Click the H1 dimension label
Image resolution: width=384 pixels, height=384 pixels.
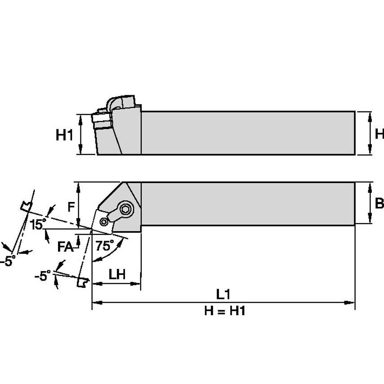[x=64, y=135]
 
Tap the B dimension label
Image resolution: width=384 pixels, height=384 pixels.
[x=379, y=203]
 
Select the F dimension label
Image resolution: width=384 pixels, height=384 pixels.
[x=71, y=207]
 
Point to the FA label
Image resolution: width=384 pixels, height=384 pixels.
[x=65, y=247]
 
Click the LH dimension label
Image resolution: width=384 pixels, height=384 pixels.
[x=117, y=274]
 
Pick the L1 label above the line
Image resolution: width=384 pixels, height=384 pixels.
[x=223, y=295]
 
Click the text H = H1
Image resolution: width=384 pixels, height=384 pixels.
[x=224, y=311]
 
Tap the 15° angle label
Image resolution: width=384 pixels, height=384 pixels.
[x=38, y=224]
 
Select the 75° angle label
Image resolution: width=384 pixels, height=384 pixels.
[x=104, y=246]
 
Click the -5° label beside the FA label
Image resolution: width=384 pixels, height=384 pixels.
[x=43, y=276]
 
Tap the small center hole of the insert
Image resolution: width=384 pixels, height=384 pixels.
[x=104, y=221]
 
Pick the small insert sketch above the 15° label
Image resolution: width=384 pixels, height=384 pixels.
[x=27, y=206]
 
